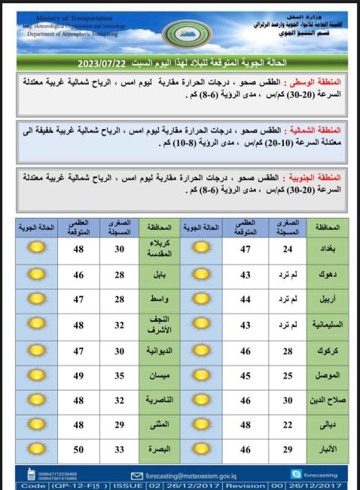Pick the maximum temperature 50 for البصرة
tap(78, 449)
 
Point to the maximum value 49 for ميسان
tap(78, 375)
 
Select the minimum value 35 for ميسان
tap(120, 375)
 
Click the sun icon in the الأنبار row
tap(200, 449)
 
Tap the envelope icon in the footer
tap(136, 476)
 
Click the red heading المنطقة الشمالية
tap(319, 130)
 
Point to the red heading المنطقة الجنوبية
tap(319, 176)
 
